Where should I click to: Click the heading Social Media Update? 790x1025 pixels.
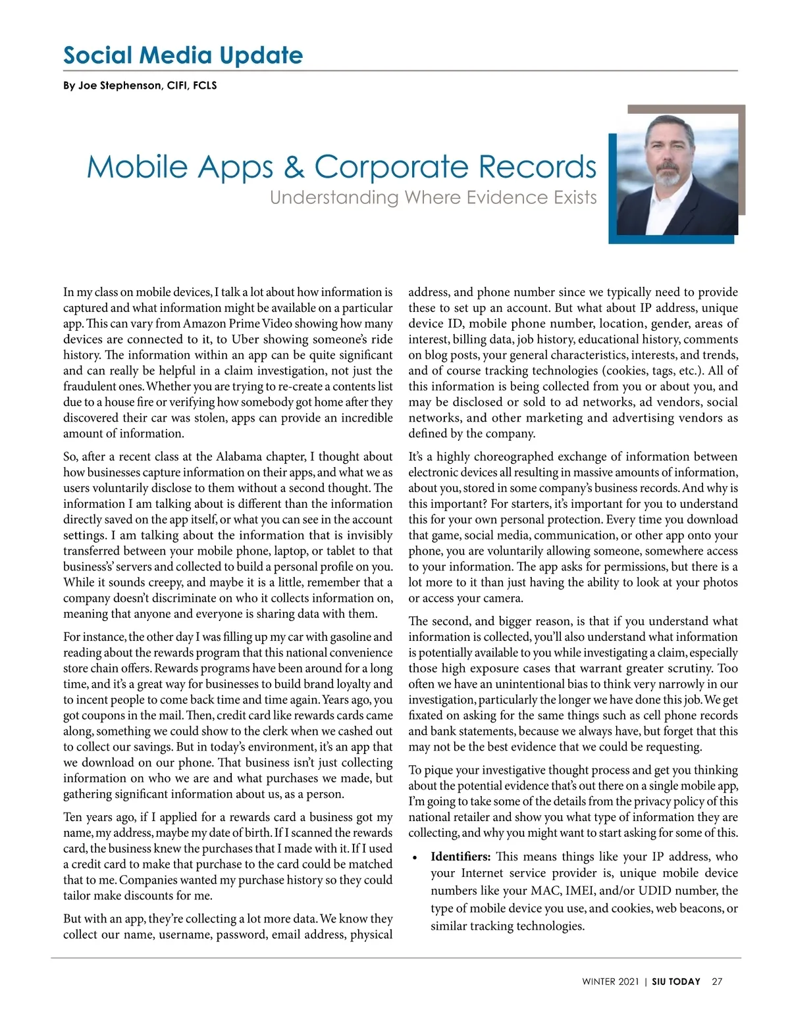(x=183, y=55)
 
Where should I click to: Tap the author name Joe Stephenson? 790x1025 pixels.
(x=119, y=86)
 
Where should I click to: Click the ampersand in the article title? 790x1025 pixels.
(x=294, y=167)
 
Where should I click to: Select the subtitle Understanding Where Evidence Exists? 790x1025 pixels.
(x=433, y=197)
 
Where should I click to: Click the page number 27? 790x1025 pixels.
(x=717, y=982)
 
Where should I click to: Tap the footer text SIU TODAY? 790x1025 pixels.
(x=676, y=982)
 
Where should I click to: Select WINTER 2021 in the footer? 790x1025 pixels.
(x=610, y=982)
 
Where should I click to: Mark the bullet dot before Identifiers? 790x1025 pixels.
(x=414, y=858)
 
